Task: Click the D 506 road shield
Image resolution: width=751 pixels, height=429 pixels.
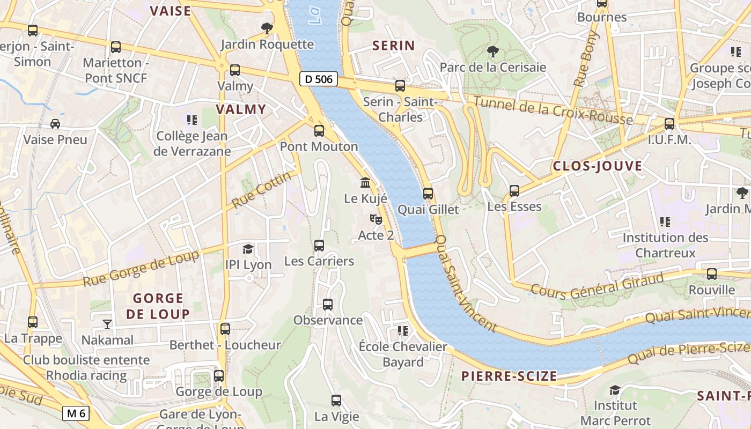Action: pyautogui.click(x=318, y=79)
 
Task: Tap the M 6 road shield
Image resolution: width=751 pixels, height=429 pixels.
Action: pyautogui.click(x=75, y=413)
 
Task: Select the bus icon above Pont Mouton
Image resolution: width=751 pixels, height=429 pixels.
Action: pyautogui.click(x=319, y=130)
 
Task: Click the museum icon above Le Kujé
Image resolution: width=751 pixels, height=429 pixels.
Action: pyautogui.click(x=365, y=182)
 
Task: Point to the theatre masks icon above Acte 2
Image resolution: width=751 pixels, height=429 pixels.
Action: pyautogui.click(x=376, y=219)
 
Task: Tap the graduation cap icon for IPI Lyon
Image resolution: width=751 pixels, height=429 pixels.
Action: pyautogui.click(x=248, y=249)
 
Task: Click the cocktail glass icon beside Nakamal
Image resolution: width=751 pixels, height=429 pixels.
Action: pyautogui.click(x=107, y=324)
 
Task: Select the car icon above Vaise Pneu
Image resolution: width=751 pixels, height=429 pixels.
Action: pyautogui.click(x=55, y=124)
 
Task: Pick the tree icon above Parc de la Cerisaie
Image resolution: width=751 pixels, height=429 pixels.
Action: pyautogui.click(x=492, y=51)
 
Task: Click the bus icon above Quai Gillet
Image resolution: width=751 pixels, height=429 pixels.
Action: pyautogui.click(x=428, y=193)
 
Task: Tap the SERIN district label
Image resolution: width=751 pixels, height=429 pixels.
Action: pyautogui.click(x=394, y=46)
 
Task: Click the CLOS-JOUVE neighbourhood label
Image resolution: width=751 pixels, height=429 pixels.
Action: pyautogui.click(x=597, y=166)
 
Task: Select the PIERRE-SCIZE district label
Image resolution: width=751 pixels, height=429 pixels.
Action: pyautogui.click(x=509, y=376)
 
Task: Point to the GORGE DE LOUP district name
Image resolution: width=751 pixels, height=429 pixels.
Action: pyautogui.click(x=158, y=306)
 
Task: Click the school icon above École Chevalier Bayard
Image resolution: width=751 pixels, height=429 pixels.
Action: pyautogui.click(x=403, y=331)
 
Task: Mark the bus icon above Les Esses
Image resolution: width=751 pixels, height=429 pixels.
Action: pyautogui.click(x=514, y=190)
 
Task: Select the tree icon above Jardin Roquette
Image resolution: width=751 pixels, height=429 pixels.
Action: pyautogui.click(x=267, y=28)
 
